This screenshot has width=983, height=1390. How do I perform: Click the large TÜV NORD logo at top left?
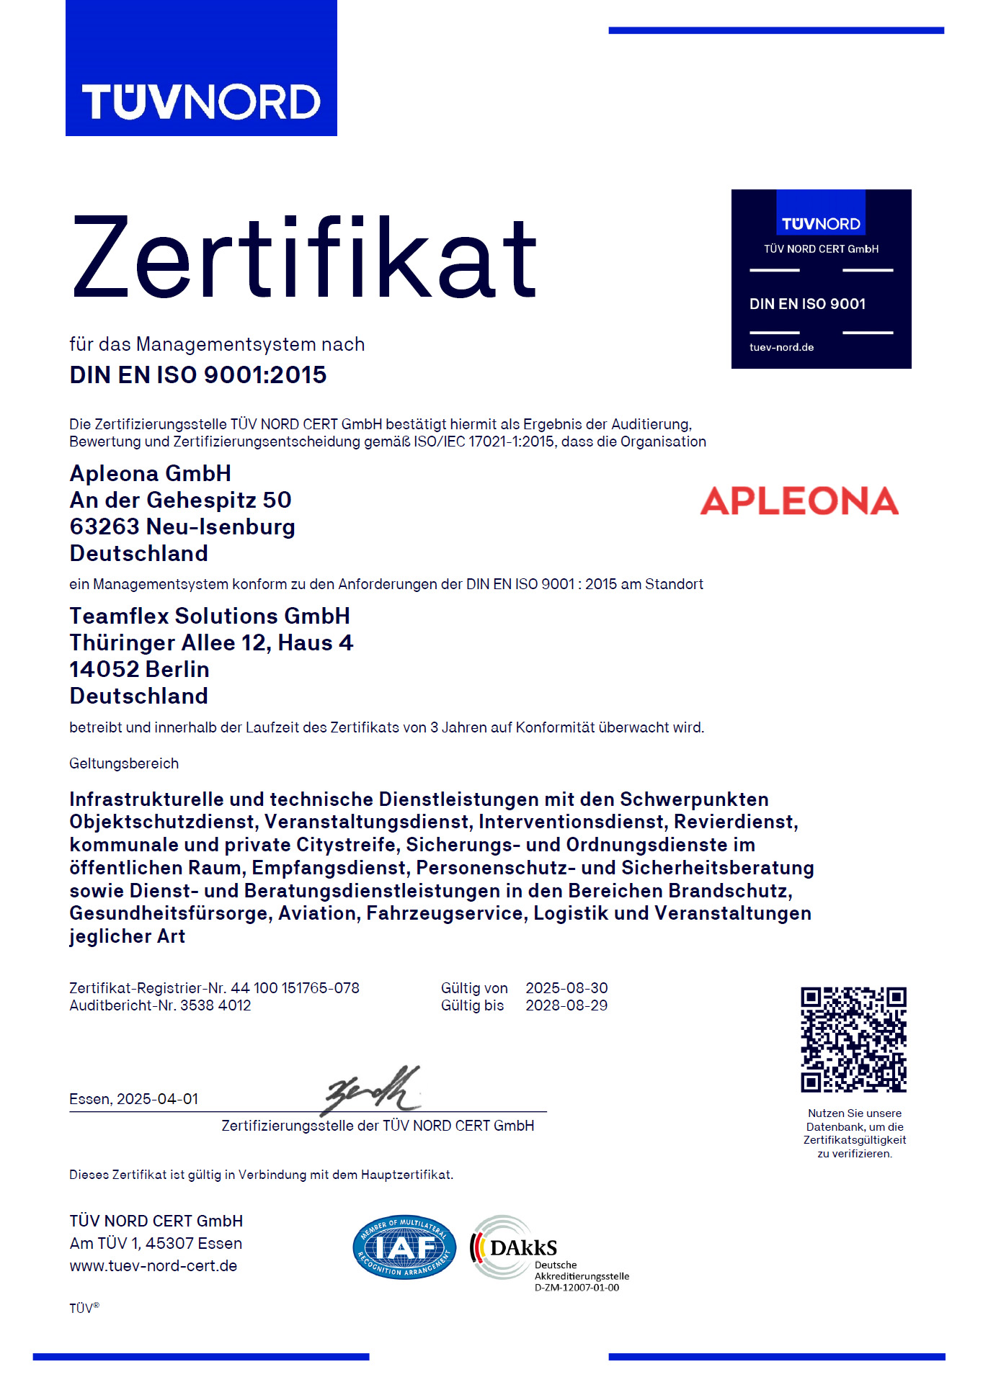pyautogui.click(x=201, y=101)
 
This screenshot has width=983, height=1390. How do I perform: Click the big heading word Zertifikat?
pyautogui.click(x=304, y=259)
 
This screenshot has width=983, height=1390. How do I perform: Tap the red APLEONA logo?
pyautogui.click(x=799, y=501)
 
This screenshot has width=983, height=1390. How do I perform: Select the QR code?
pyautogui.click(x=853, y=1039)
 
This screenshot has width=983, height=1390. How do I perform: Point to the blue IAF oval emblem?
pyautogui.click(x=404, y=1247)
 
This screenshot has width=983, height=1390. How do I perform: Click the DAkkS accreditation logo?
pyautogui.click(x=513, y=1247)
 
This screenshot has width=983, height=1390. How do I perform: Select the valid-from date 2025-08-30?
pyautogui.click(x=566, y=988)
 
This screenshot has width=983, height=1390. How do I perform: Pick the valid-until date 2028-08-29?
pyautogui.click(x=566, y=1005)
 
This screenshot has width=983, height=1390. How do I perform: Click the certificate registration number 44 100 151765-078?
pyautogui.click(x=295, y=988)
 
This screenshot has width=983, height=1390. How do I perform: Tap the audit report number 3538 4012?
pyautogui.click(x=215, y=1005)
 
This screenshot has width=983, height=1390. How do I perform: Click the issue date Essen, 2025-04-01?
pyautogui.click(x=134, y=1099)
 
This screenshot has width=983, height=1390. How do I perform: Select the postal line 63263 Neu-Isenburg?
pyautogui.click(x=182, y=526)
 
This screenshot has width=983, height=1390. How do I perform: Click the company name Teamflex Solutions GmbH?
pyautogui.click(x=210, y=616)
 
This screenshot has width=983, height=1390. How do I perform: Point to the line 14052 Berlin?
pyautogui.click(x=139, y=669)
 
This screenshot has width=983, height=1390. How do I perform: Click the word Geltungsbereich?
pyautogui.click(x=124, y=763)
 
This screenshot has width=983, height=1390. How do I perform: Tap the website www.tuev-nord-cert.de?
pyautogui.click(x=154, y=1266)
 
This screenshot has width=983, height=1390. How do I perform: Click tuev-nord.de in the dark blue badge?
pyautogui.click(x=781, y=347)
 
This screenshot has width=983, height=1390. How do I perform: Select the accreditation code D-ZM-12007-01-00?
pyautogui.click(x=577, y=1288)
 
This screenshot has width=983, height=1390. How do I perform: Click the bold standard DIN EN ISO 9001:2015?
pyautogui.click(x=198, y=375)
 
